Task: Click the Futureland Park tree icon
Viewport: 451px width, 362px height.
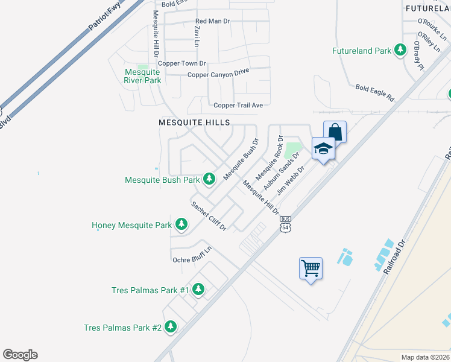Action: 400,51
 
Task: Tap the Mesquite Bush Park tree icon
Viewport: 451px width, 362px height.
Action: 209,179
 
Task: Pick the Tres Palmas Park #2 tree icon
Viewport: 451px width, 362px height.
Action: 171,328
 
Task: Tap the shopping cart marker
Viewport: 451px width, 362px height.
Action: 311,267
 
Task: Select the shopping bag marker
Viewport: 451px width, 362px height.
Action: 335,132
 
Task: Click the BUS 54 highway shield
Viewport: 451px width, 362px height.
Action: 286,224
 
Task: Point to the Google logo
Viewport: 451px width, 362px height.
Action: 20,355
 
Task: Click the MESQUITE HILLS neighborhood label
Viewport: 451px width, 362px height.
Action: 194,122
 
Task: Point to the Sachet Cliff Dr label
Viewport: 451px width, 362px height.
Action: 209,215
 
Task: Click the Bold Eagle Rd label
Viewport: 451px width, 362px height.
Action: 374,92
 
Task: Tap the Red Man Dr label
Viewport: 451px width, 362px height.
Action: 213,21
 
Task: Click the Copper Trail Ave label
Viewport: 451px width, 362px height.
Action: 238,105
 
